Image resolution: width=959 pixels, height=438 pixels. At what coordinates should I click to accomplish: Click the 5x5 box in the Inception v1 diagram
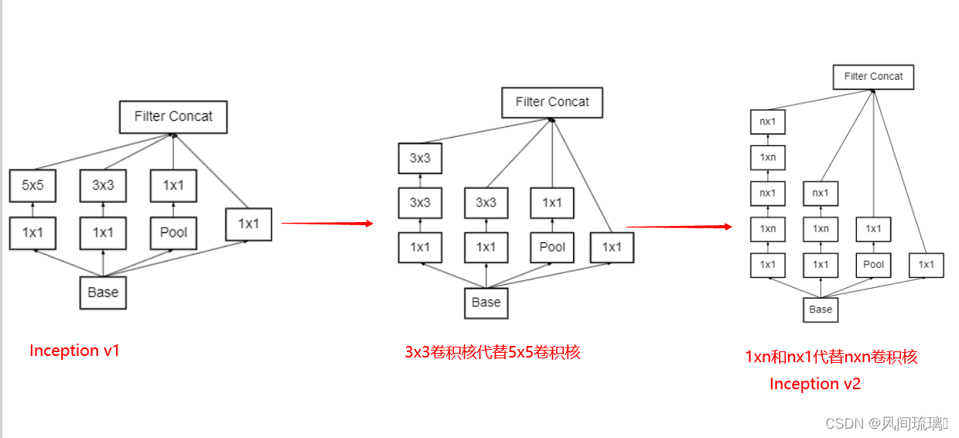32,186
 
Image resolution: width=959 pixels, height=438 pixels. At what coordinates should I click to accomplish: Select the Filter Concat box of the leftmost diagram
173,116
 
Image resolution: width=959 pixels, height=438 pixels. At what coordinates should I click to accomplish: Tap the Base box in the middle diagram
486,302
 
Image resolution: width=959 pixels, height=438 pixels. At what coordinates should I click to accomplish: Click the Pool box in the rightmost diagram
873,264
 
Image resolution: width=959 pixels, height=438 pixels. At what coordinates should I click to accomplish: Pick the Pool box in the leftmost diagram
173,232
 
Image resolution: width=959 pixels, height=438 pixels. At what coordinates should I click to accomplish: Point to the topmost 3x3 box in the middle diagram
420,158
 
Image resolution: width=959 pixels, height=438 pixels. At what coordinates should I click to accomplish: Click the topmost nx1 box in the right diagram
767,121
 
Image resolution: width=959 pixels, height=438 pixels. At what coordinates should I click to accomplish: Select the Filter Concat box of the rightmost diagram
873,77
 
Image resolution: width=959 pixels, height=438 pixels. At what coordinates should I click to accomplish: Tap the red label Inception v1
74,351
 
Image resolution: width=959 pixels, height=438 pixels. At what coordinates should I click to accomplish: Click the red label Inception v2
814,384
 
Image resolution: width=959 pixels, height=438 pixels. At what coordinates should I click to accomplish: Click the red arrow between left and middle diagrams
326,223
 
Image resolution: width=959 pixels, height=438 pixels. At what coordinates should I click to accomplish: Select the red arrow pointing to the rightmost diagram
678,227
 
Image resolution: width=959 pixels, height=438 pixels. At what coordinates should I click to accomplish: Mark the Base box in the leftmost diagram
103,293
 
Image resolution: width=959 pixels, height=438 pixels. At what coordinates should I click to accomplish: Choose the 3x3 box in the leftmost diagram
103,186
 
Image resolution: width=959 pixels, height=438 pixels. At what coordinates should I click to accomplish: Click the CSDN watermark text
886,423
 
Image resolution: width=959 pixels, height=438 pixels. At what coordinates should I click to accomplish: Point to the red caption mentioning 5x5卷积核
492,353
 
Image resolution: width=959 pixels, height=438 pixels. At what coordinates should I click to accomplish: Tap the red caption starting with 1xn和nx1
831,357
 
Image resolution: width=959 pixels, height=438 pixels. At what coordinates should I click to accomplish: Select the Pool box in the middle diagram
552,247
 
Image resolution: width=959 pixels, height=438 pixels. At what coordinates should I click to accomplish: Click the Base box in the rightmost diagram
821,309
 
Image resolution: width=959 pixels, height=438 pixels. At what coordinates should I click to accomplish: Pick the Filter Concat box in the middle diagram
552,102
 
